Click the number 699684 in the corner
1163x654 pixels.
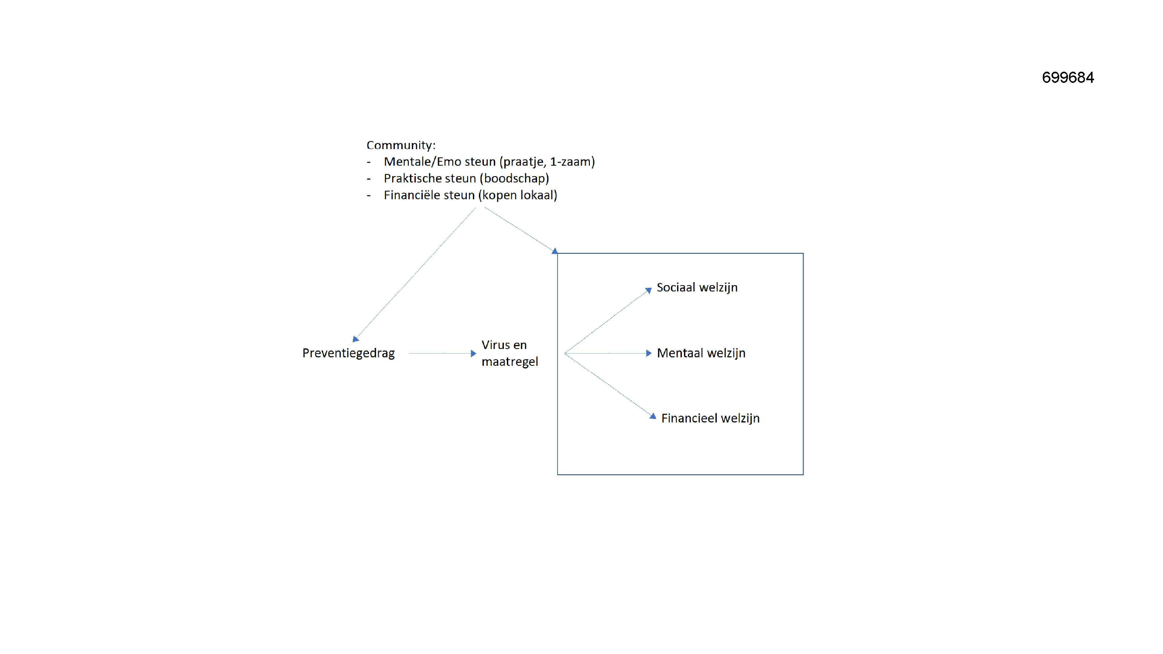1068,78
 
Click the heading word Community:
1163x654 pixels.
401,145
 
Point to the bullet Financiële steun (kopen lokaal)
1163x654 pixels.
470,195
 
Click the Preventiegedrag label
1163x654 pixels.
349,353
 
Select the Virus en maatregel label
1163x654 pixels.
510,353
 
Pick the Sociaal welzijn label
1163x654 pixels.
697,287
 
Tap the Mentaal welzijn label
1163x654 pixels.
701,353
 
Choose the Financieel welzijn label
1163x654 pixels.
711,419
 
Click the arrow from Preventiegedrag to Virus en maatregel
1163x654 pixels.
442,354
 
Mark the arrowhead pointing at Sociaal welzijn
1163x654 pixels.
649,290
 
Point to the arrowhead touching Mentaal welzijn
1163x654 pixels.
649,354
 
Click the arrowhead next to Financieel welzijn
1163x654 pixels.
653,416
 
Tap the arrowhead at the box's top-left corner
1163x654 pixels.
554,251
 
